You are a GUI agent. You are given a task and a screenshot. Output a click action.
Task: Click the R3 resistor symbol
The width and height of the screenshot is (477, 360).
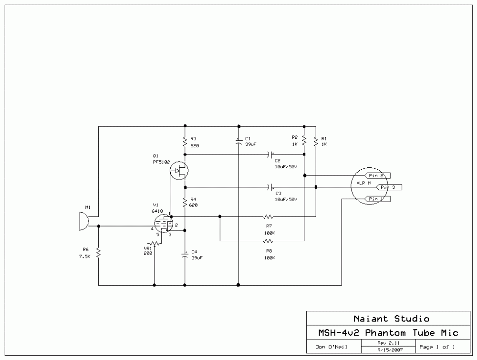tap(185, 141)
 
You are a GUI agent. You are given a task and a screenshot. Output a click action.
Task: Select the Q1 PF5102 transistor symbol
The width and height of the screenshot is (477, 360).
tap(179, 171)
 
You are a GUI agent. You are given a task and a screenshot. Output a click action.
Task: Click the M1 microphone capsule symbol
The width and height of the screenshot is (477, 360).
tap(83, 222)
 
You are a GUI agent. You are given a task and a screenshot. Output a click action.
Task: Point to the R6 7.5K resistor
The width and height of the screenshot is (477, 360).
tap(98, 253)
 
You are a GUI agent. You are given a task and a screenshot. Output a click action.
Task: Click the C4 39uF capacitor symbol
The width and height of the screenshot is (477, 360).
tap(185, 255)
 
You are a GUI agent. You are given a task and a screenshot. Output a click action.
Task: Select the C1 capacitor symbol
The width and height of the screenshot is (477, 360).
tap(238, 141)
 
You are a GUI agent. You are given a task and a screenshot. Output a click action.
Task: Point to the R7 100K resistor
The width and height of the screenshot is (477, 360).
tap(268, 217)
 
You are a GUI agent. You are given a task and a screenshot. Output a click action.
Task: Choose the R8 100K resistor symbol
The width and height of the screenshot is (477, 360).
tap(268, 241)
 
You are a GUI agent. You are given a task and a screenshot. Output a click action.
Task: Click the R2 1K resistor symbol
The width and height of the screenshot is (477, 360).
tap(304, 141)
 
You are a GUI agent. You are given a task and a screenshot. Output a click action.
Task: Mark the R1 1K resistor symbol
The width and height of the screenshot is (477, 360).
tap(315, 141)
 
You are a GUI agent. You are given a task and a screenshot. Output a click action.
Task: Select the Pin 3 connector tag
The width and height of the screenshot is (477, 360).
tap(388, 187)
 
